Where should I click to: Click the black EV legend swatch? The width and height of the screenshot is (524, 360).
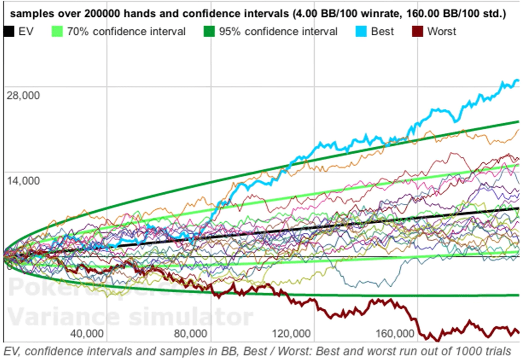click(x=9, y=32)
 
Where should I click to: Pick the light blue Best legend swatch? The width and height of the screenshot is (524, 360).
click(x=361, y=32)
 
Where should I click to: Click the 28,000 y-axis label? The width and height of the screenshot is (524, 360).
click(x=23, y=94)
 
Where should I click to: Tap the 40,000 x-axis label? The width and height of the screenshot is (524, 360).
click(x=87, y=334)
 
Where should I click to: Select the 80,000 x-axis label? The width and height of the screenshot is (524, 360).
click(x=191, y=334)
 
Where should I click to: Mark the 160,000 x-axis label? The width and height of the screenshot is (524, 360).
click(x=396, y=334)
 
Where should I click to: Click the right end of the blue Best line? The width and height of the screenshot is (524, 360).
click(x=518, y=81)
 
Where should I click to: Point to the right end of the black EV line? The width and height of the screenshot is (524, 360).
click(x=518, y=208)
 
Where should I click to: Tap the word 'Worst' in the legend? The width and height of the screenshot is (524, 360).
click(x=442, y=32)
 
